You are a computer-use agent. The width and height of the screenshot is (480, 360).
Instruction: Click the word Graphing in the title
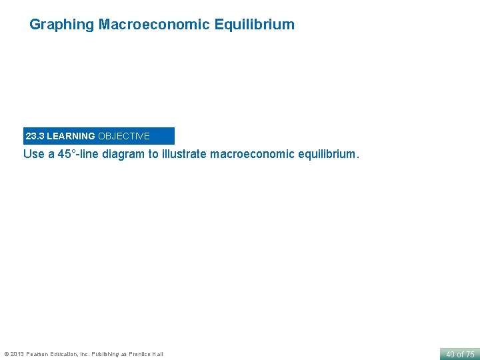[x=62, y=25]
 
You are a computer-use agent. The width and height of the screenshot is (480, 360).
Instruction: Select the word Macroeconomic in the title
[x=154, y=25]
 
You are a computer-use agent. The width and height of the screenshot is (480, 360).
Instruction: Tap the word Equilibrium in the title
[x=254, y=25]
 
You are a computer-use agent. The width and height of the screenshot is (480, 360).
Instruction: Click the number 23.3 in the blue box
[x=35, y=136]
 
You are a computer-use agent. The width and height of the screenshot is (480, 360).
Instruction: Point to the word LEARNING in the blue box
[x=71, y=136]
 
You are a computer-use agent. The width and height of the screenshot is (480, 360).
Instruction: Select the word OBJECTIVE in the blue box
[x=124, y=136]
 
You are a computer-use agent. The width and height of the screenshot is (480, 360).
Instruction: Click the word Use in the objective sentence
[x=34, y=155]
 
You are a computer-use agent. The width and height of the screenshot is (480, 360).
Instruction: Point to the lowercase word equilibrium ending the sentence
[x=326, y=155]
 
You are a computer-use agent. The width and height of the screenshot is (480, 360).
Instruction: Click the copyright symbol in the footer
[x=6, y=354]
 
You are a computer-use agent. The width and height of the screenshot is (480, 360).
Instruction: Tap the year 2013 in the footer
[x=17, y=354]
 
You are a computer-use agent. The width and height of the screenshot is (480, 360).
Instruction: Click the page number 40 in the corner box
[x=450, y=355]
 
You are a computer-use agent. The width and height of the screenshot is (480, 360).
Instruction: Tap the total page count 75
[x=469, y=355]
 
